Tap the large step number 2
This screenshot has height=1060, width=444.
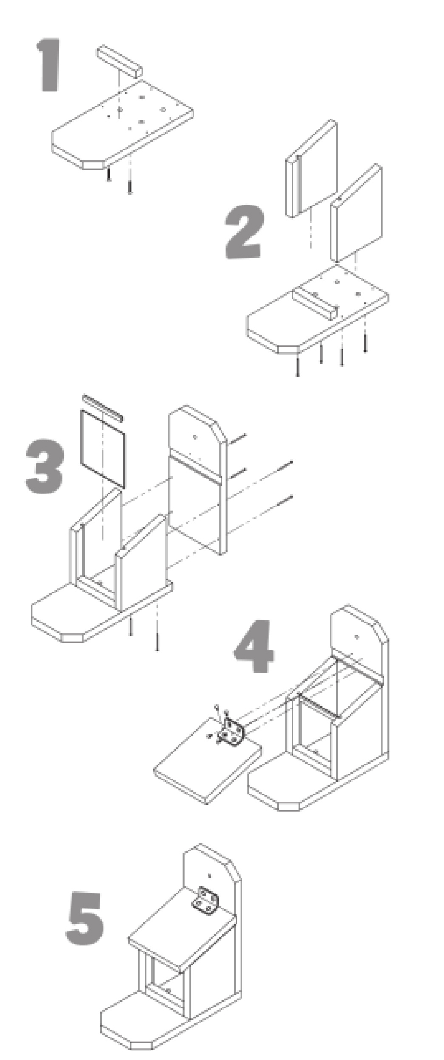pos(244,232)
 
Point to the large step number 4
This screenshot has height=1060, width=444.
pos(254,646)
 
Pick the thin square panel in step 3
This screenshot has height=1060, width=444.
pos(102,448)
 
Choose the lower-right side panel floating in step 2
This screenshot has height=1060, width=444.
pos(356,213)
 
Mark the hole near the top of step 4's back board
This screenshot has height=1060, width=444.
pos(356,637)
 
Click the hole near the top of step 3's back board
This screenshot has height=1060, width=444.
pos(194,437)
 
